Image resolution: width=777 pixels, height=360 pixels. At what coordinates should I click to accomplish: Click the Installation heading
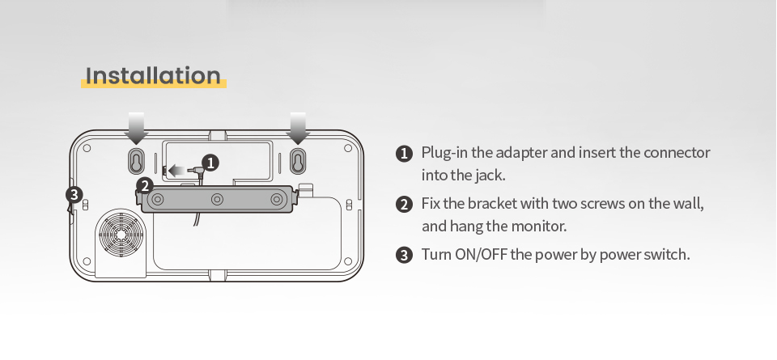[153, 76]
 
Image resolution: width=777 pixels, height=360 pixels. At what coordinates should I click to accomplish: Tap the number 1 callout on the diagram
[210, 163]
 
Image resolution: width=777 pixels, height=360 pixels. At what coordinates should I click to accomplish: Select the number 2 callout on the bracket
[145, 186]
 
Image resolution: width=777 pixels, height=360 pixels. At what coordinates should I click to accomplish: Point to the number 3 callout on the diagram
[74, 194]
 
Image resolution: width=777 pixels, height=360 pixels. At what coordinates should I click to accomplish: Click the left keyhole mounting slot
[136, 159]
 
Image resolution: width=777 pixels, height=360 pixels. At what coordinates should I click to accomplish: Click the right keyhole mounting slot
[297, 159]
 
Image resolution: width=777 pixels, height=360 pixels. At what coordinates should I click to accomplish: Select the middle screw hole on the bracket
[217, 199]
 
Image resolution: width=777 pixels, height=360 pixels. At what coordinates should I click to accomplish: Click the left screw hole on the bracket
[158, 199]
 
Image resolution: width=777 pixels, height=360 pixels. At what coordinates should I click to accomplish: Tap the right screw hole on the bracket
[276, 199]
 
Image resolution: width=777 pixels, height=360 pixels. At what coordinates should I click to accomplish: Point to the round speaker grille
[121, 233]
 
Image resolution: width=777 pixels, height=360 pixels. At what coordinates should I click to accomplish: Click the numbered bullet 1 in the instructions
[405, 154]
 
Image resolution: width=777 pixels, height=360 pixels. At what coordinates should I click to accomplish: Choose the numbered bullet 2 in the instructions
[405, 204]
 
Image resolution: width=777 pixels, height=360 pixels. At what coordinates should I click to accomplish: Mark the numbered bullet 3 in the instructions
[405, 255]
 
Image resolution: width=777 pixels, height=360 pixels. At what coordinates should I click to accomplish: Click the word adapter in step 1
[521, 153]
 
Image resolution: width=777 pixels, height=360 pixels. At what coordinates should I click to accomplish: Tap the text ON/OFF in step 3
[481, 255]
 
